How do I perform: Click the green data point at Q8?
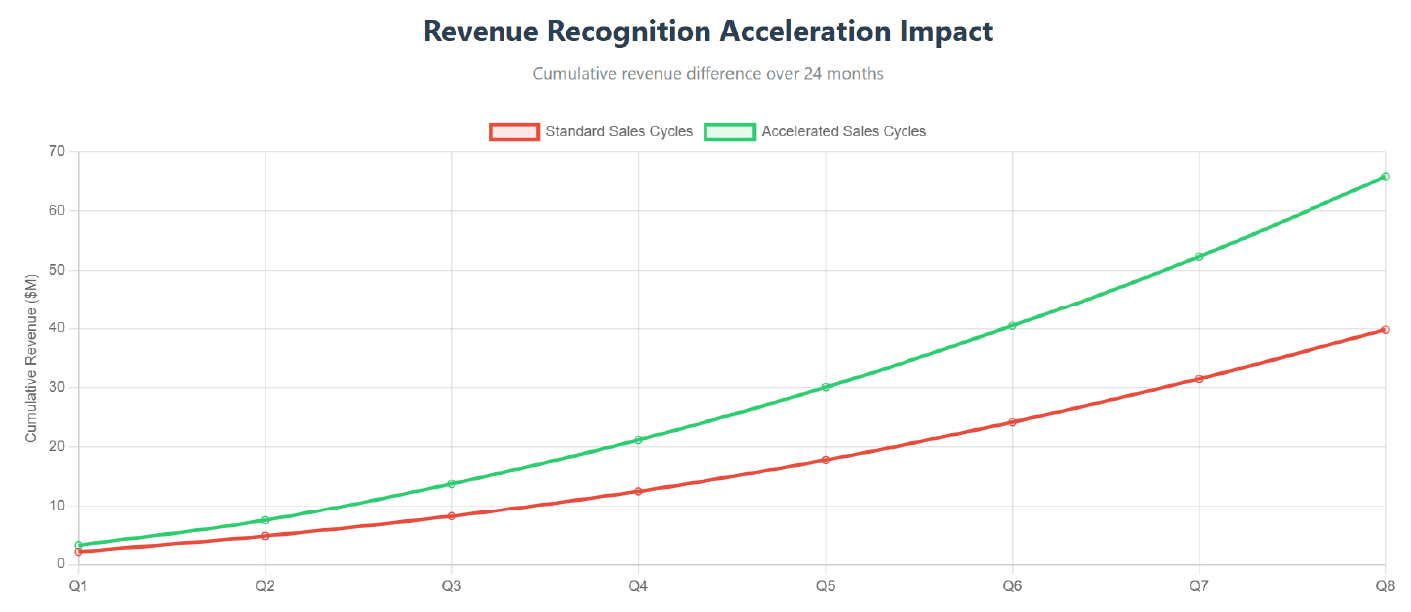point(1385,177)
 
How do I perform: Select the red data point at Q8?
point(1385,330)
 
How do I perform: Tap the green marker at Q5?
point(825,387)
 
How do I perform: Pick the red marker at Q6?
point(1012,422)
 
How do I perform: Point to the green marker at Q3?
point(451,484)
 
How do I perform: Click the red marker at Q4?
point(638,492)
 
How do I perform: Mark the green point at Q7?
point(1199,257)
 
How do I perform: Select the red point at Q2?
point(265,536)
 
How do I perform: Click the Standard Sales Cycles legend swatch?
point(513,131)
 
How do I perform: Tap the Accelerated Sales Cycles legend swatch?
point(729,131)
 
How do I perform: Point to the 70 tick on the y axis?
point(55,152)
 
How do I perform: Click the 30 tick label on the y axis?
point(55,388)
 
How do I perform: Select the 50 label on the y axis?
point(55,270)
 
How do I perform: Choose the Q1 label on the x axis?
point(78,585)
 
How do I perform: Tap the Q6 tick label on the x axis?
point(1012,585)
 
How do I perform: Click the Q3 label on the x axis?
point(451,585)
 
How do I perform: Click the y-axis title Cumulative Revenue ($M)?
point(31,359)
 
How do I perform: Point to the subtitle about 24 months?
point(707,74)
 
